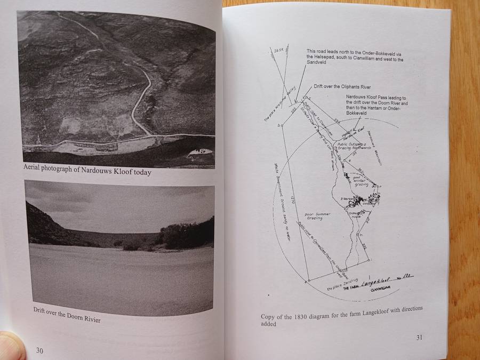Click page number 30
click(39, 350)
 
